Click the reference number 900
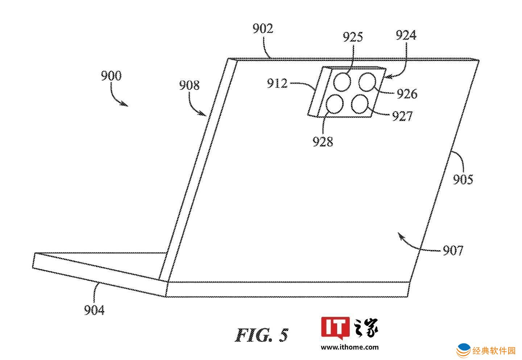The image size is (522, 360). coord(111,76)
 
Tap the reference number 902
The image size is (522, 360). coord(263,29)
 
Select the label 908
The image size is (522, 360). coord(189,85)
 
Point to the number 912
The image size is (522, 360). coord(277,83)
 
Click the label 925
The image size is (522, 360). coord(353,37)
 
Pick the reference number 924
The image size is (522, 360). coord(406,35)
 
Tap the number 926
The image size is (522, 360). coord(407,94)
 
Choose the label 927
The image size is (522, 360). coord(402,116)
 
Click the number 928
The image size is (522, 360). coord(323,142)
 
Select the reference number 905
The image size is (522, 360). coord(463,180)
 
